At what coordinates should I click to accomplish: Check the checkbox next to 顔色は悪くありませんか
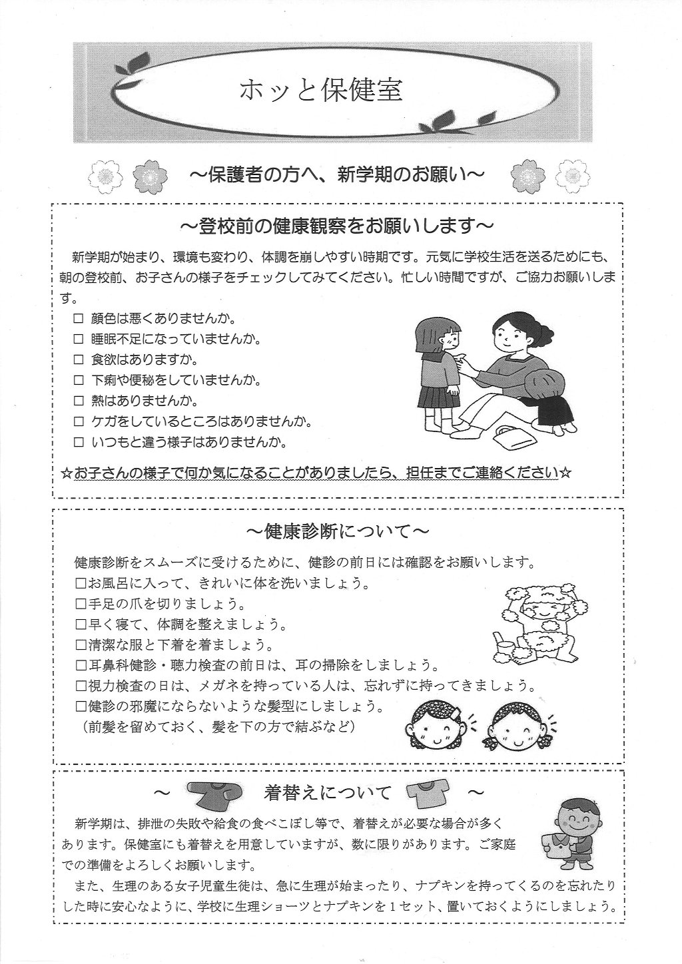(78, 319)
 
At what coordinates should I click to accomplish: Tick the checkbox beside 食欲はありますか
(78, 360)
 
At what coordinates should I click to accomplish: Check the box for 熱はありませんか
(78, 401)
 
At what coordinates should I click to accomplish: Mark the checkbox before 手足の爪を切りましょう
(81, 604)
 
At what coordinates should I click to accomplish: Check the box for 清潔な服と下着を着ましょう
(81, 644)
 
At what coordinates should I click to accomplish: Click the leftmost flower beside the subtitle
(103, 176)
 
